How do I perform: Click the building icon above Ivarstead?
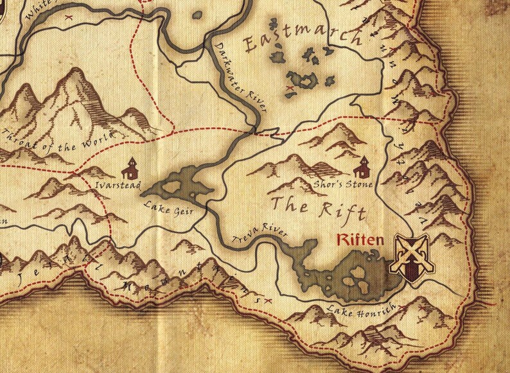[130, 168]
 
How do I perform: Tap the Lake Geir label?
[164, 210]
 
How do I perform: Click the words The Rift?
[318, 208]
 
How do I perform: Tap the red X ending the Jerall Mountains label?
[268, 300]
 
